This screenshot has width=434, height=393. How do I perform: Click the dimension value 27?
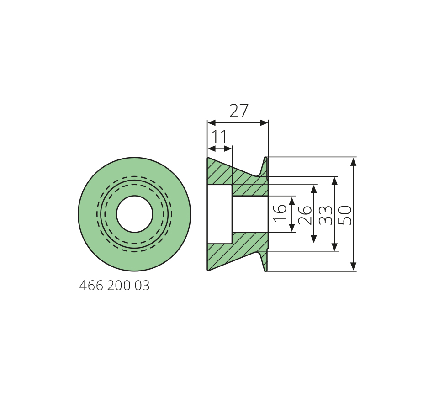(x=239, y=111)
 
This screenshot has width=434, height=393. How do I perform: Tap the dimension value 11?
(x=219, y=137)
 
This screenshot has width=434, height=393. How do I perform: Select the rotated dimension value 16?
(x=280, y=212)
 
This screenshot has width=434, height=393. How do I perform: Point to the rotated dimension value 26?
(x=305, y=215)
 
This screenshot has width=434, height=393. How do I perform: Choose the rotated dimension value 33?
(x=325, y=215)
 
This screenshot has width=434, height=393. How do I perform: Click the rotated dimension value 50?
(x=345, y=215)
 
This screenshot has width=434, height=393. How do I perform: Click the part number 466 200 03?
(x=114, y=286)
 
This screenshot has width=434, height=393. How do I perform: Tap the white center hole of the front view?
(x=134, y=214)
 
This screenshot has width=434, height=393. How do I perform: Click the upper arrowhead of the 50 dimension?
(x=353, y=162)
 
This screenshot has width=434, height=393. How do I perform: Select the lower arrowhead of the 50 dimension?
(x=353, y=266)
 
